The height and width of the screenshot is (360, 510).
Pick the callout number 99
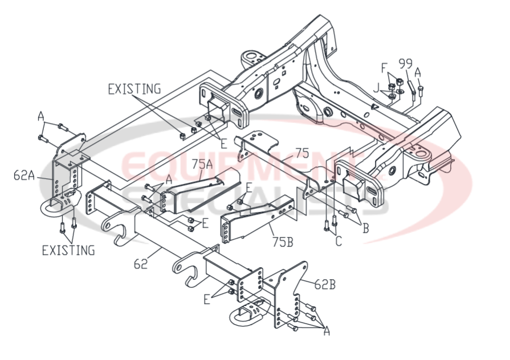(406, 63)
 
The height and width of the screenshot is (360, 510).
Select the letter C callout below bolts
(338, 241)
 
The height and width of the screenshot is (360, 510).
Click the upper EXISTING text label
(134, 88)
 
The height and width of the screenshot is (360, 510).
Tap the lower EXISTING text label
(68, 250)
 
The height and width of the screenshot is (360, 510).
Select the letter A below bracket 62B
(327, 330)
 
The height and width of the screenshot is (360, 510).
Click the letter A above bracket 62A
(41, 116)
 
